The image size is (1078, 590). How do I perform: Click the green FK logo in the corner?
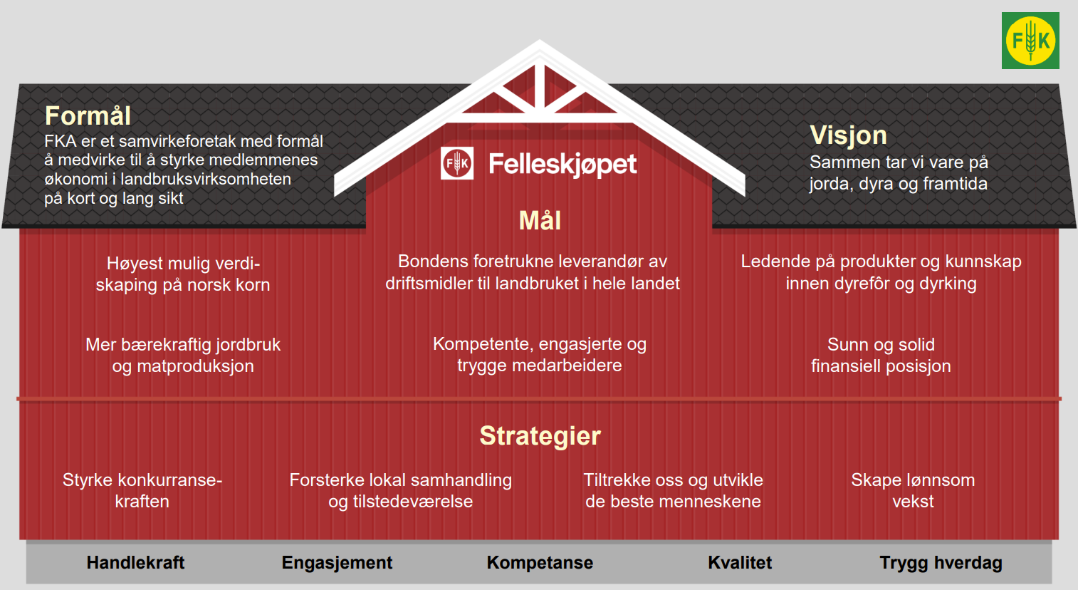[x=1030, y=41]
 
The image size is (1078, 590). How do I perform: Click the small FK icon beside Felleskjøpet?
[x=457, y=163]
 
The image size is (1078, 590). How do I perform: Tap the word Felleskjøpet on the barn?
[x=562, y=164]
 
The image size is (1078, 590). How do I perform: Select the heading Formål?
[x=88, y=115]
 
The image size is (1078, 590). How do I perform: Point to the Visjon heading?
[x=848, y=135]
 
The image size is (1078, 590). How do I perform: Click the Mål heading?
[x=540, y=220]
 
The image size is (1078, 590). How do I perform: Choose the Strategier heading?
[x=540, y=435]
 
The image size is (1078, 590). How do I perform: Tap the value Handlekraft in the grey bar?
[x=135, y=562]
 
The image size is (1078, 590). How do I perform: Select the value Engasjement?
[x=337, y=562]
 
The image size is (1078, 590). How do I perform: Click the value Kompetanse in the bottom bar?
[x=540, y=562]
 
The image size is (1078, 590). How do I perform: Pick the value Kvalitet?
[x=740, y=562]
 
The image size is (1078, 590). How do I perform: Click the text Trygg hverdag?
[x=941, y=562]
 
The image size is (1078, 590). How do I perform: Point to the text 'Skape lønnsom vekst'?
[x=913, y=490]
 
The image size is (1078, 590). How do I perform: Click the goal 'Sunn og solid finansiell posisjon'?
[x=881, y=355]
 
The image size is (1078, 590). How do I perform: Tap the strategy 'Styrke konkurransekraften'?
[x=142, y=490]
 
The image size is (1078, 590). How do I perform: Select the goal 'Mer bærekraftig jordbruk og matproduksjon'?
[x=183, y=355]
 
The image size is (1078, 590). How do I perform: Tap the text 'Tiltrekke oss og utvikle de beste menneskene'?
[x=673, y=490]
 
